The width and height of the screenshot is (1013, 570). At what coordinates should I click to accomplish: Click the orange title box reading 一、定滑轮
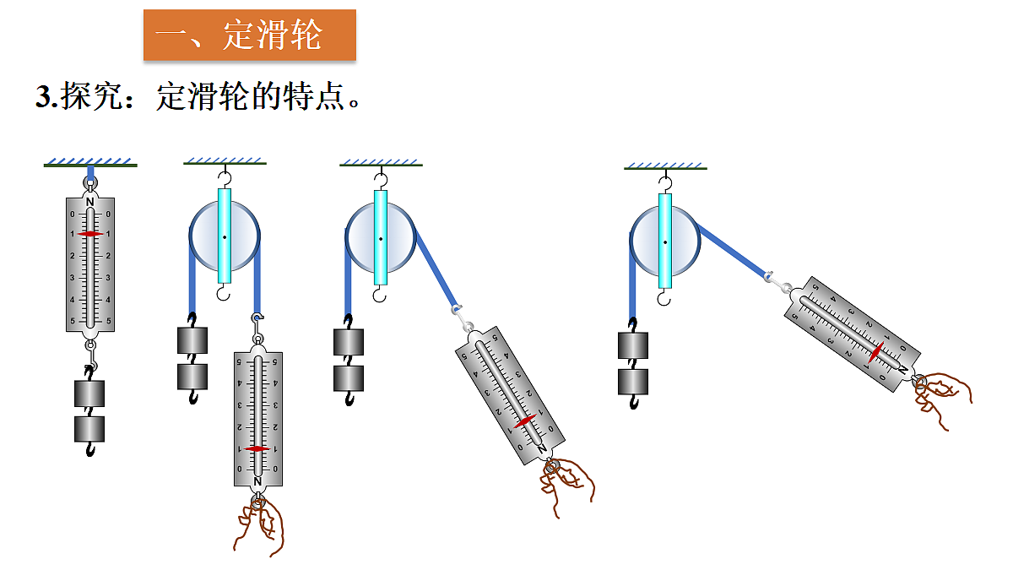pyautogui.click(x=249, y=35)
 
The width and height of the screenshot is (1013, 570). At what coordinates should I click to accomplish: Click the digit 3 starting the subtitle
pyautogui.click(x=43, y=97)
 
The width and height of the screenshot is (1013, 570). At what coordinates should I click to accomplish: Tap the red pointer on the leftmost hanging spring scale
pyautogui.click(x=90, y=234)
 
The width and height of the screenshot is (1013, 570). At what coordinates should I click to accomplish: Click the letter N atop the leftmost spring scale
pyautogui.click(x=90, y=202)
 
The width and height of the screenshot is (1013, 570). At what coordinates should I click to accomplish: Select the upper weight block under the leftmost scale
pyautogui.click(x=90, y=394)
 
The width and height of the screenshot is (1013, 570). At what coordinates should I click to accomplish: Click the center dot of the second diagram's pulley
pyautogui.click(x=225, y=237)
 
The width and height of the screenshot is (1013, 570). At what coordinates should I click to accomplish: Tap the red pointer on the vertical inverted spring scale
pyautogui.click(x=257, y=448)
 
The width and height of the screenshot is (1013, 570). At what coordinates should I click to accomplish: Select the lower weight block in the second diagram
pyautogui.click(x=192, y=376)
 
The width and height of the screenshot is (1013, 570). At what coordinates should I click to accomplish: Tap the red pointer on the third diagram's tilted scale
pyautogui.click(x=525, y=421)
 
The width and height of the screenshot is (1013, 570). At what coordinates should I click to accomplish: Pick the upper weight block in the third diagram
pyautogui.click(x=349, y=342)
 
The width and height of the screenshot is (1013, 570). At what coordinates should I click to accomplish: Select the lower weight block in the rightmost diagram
pyautogui.click(x=633, y=381)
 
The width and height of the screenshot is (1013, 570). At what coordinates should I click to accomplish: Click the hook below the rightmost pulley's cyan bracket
pyautogui.click(x=665, y=298)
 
